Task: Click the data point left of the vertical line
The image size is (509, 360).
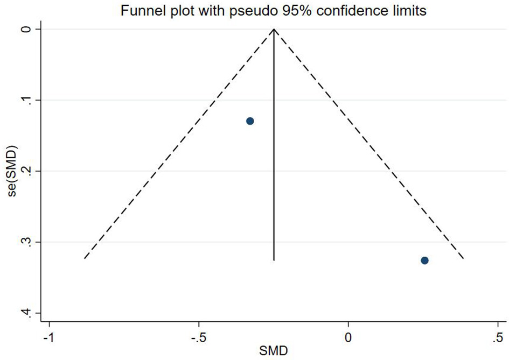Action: coord(250,121)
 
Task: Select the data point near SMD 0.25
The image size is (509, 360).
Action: coord(424,260)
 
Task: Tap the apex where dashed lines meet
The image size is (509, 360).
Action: coord(274,29)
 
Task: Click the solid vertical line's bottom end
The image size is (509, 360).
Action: coord(274,261)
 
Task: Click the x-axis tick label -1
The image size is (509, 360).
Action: coord(48,340)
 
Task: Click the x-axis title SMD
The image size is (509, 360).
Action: coord(274,352)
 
